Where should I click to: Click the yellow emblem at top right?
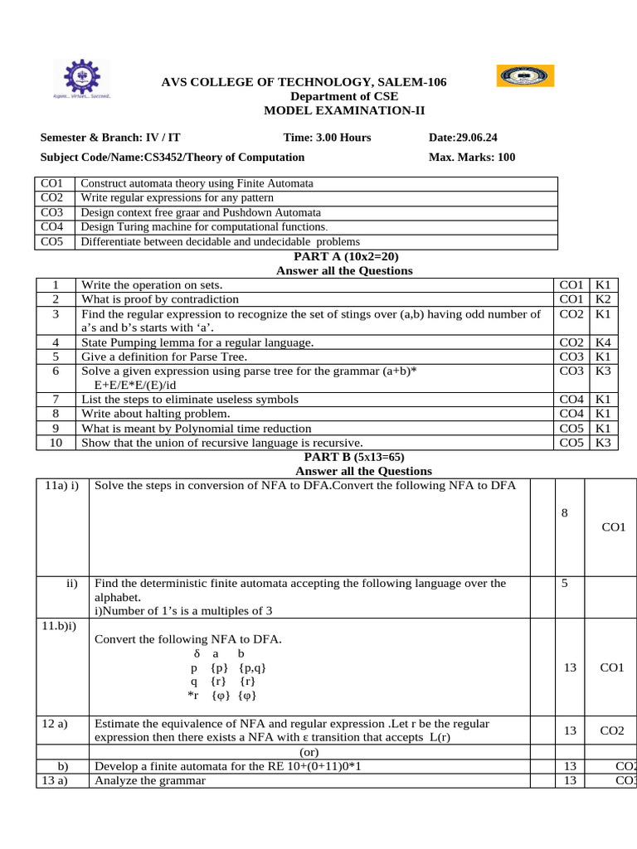click(525, 76)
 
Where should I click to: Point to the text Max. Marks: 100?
click(471, 157)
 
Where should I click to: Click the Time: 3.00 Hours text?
click(327, 138)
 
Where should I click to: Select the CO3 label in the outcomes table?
click(51, 212)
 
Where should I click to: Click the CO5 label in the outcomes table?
click(51, 241)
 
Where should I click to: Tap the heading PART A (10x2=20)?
click(343, 257)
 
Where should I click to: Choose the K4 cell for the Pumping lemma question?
click(603, 342)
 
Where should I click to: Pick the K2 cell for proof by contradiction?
click(603, 298)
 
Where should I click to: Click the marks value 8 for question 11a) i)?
click(564, 514)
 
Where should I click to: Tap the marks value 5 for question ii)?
click(564, 584)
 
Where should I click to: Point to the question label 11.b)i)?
click(60, 625)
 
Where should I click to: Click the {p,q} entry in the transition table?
click(252, 667)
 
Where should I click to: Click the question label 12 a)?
click(56, 724)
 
